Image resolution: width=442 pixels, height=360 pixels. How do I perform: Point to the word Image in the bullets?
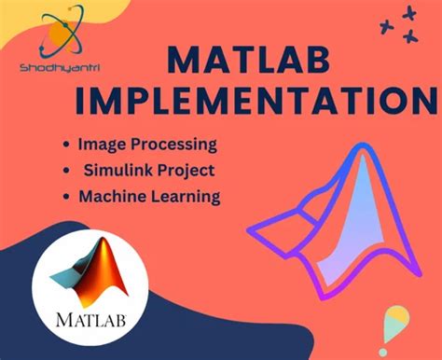[x=100, y=145]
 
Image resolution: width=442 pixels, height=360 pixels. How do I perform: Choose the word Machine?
[x=111, y=197]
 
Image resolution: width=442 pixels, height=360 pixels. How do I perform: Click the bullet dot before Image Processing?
[x=65, y=146]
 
